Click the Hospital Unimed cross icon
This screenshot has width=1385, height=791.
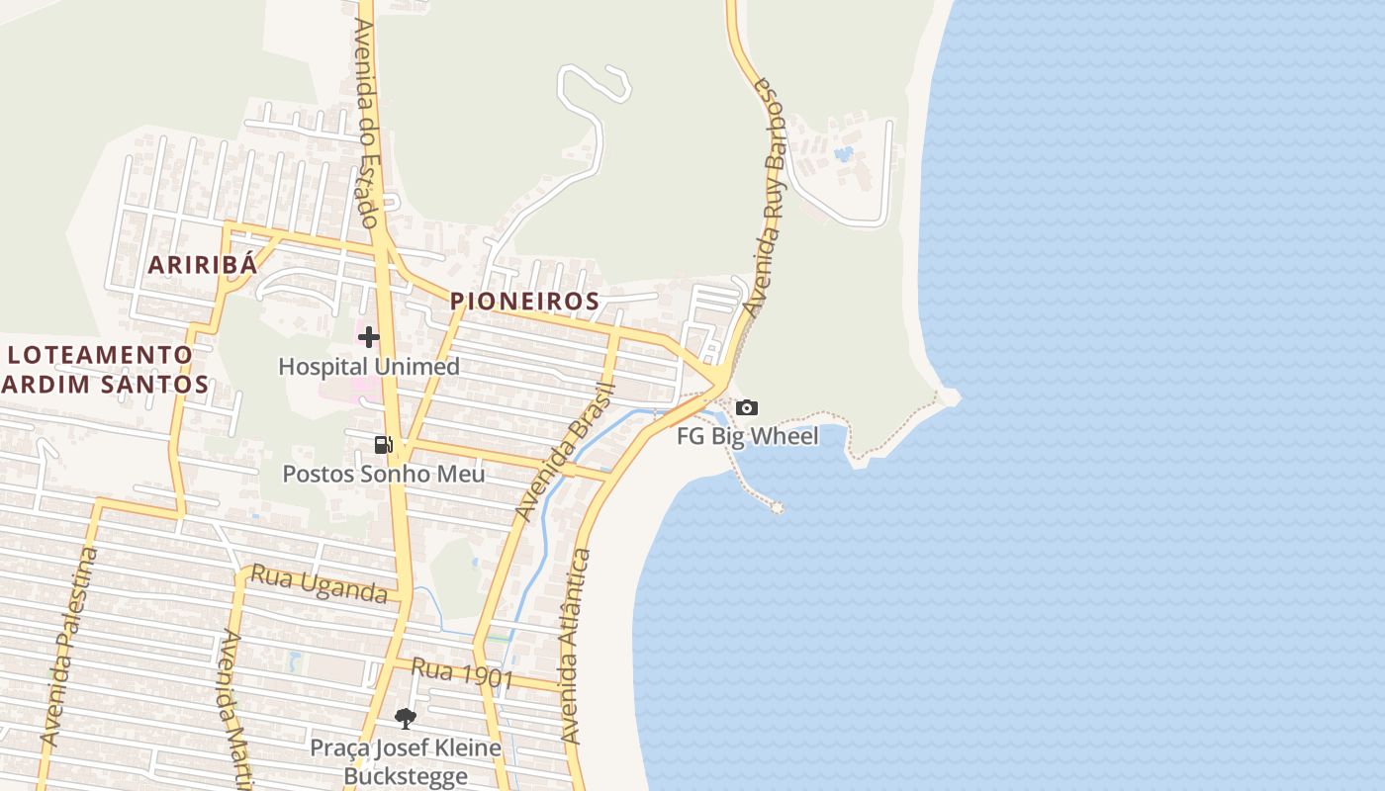tap(369, 337)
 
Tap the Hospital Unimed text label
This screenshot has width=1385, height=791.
tap(369, 367)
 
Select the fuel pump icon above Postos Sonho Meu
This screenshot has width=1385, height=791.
tap(384, 445)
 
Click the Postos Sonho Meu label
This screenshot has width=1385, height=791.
tap(384, 474)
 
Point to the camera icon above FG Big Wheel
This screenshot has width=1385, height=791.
tap(747, 407)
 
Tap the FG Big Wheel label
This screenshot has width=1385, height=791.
tap(748, 436)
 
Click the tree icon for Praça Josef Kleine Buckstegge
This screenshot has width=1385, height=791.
tap(405, 719)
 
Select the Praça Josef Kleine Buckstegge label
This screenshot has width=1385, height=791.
tap(406, 760)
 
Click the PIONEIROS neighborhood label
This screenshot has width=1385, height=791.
tap(524, 301)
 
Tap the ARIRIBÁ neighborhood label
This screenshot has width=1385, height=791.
tap(203, 264)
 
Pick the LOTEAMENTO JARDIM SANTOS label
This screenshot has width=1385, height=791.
tap(104, 369)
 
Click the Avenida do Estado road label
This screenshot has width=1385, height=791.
tap(365, 123)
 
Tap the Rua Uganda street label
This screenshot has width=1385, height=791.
tap(319, 583)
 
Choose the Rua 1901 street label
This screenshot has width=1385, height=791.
tap(462, 673)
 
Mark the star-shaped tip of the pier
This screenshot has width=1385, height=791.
tap(777, 507)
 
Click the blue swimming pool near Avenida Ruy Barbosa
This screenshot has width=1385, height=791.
tap(843, 154)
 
